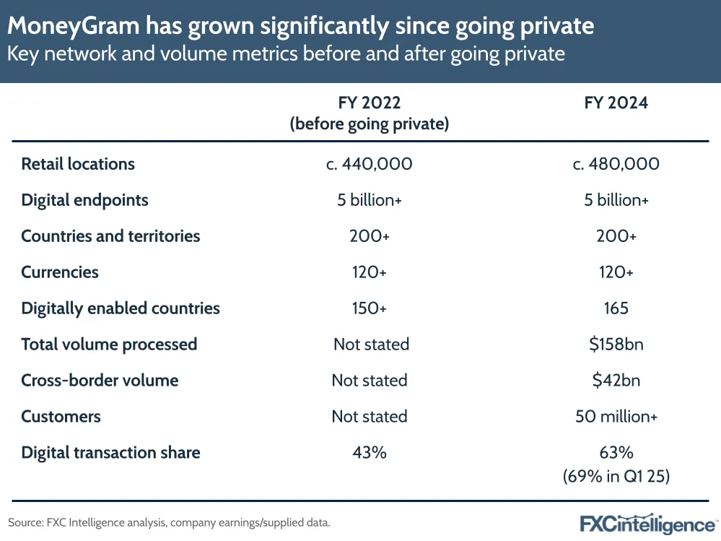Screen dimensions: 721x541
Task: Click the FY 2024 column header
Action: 616,103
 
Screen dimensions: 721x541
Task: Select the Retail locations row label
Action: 78,164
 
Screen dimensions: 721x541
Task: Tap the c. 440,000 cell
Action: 370,164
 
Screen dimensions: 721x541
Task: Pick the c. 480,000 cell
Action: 616,164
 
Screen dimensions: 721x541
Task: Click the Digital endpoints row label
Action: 85,201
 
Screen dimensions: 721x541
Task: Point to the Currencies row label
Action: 60,272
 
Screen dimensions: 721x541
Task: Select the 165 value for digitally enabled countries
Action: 616,308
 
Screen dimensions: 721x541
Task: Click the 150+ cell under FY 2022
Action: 370,308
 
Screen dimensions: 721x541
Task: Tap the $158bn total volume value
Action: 616,344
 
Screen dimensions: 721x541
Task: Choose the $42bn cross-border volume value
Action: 616,380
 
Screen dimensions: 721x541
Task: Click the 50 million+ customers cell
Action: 616,416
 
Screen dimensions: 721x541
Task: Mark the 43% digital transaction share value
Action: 370,452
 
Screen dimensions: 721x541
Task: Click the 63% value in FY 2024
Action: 616,452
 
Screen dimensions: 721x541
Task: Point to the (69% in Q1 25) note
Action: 616,476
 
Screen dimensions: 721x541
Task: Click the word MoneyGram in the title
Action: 74,26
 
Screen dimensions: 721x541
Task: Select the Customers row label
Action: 61,416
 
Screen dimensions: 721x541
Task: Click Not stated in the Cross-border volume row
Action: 370,380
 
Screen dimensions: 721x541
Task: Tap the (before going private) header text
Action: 370,124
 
